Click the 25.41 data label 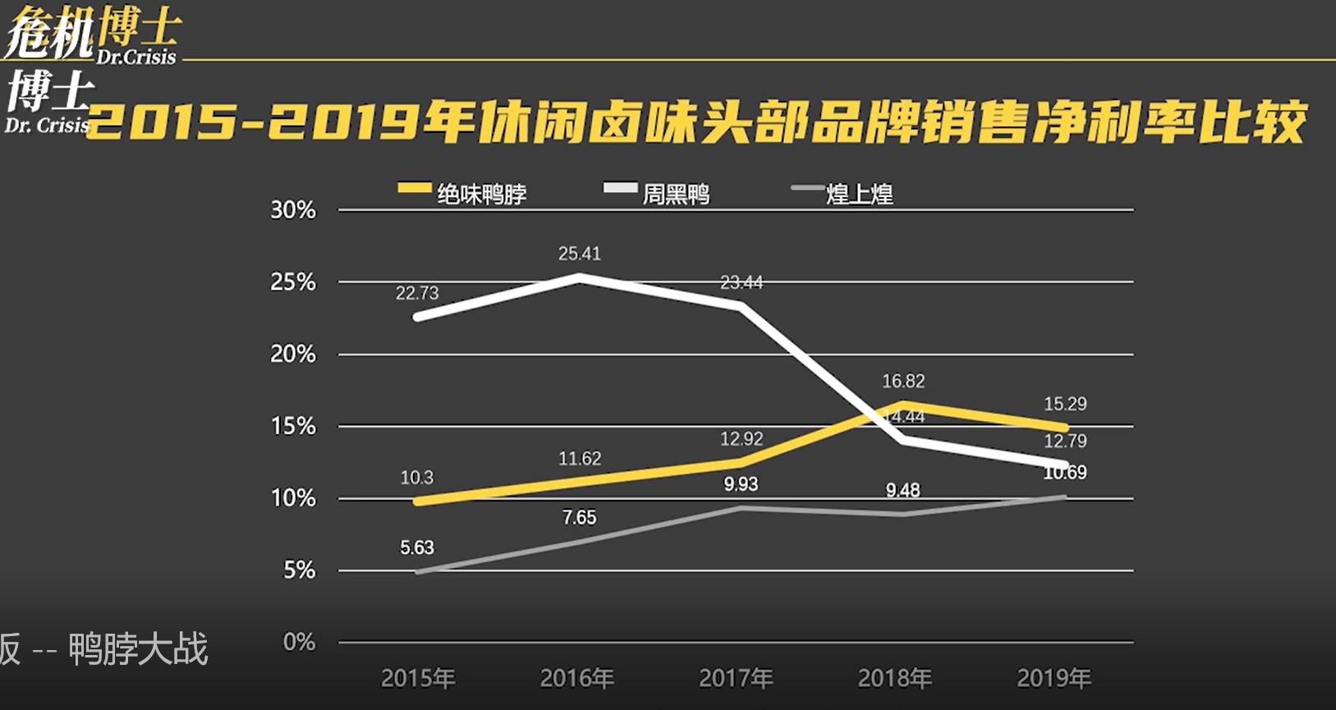(580, 254)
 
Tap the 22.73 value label (417, 293)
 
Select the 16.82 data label (903, 381)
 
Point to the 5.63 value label (417, 547)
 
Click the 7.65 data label (580, 517)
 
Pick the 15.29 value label (1065, 404)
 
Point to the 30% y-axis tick (293, 210)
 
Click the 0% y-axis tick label (299, 642)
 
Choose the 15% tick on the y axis (293, 426)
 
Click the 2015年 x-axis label (418, 678)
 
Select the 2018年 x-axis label (895, 678)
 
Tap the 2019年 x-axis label (1054, 678)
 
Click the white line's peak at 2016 (580, 277)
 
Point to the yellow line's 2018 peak (903, 404)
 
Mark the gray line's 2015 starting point (418, 572)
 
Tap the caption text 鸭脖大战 (138, 649)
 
